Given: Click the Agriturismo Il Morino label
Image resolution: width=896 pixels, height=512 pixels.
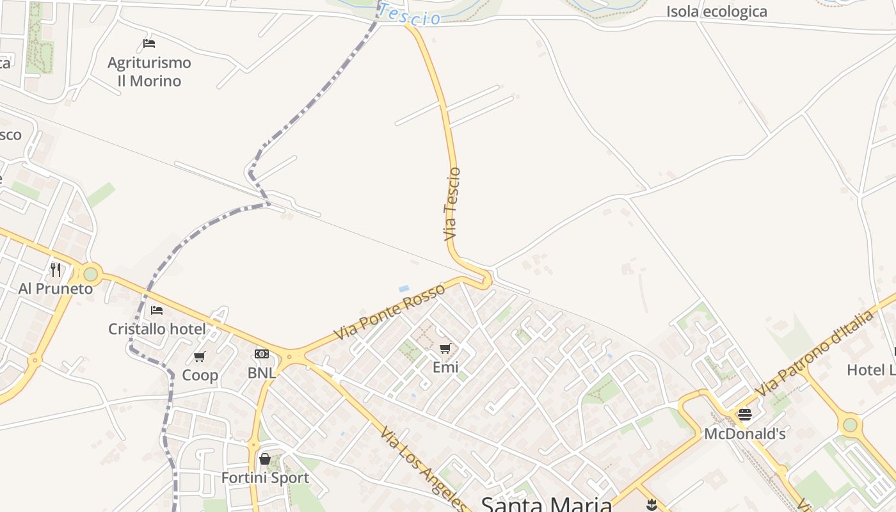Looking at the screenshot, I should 149,72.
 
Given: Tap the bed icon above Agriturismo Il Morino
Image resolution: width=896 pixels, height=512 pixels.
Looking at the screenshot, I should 149,44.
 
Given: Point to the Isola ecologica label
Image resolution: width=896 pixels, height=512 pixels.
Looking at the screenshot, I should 716,12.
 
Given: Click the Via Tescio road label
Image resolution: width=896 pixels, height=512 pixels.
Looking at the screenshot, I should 452,204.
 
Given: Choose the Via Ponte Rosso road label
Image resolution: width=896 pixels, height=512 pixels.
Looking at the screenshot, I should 389,312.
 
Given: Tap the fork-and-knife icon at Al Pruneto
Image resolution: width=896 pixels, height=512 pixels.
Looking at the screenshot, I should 56,270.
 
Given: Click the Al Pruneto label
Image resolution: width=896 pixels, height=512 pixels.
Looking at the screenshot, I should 56,289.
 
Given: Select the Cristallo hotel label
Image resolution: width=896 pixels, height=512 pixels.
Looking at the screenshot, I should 157,330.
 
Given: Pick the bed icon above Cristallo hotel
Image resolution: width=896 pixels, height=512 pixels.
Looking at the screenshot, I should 157,310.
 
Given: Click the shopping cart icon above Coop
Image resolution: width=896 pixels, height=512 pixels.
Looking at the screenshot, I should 200,356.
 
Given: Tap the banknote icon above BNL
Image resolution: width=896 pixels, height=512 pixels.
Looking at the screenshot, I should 262,354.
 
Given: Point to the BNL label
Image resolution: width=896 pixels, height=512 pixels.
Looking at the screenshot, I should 262,372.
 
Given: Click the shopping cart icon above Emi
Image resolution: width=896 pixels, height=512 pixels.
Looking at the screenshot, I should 445,349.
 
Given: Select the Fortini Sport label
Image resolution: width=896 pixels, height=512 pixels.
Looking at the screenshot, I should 265,478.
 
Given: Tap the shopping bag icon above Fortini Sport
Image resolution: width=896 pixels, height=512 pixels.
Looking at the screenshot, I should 265,459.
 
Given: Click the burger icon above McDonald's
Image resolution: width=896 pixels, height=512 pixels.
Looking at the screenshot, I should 744,415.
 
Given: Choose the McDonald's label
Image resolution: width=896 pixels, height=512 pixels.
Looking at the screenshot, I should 744,434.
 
